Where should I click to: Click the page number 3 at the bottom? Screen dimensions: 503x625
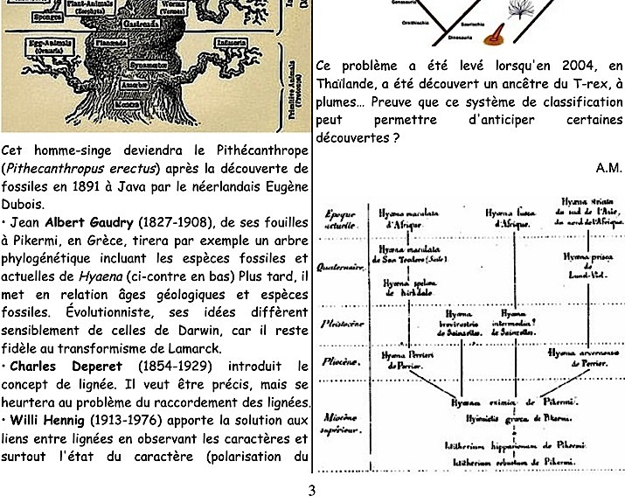click(312, 490)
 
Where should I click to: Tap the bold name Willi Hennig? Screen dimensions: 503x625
click(48, 421)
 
